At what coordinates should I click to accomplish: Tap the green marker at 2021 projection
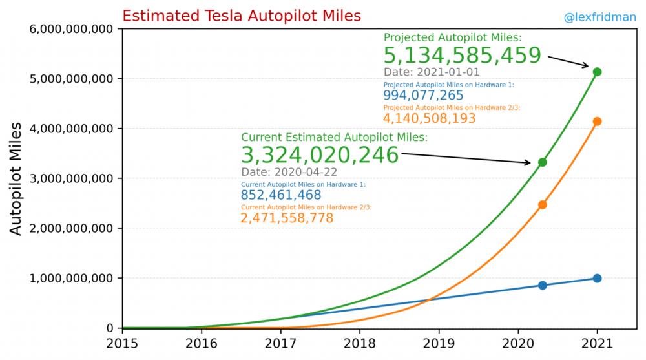click(597, 72)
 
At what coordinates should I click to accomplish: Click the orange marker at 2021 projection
click(597, 122)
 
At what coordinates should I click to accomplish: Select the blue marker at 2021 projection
click(597, 278)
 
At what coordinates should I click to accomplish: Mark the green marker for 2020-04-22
click(543, 162)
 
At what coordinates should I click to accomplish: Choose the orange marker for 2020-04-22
click(543, 205)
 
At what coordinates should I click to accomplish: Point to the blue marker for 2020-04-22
click(543, 285)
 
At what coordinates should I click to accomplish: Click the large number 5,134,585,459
click(462, 56)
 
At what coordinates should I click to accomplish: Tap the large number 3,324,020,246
click(320, 155)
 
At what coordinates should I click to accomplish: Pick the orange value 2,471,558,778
click(287, 218)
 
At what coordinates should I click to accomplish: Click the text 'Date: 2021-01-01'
click(432, 72)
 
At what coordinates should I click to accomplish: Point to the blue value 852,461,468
click(281, 195)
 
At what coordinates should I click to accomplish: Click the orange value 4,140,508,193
click(430, 119)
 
